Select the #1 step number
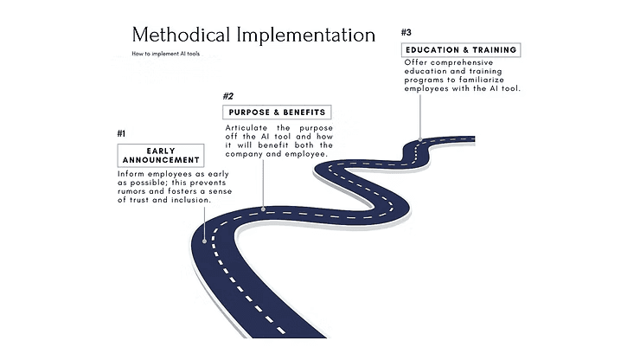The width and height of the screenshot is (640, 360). [x=121, y=133]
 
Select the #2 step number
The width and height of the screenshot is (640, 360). [x=228, y=96]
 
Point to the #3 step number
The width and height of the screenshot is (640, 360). [x=406, y=33]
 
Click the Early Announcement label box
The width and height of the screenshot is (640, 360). [x=161, y=156]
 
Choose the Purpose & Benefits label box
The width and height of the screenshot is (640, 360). [x=277, y=112]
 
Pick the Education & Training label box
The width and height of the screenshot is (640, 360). [x=461, y=49]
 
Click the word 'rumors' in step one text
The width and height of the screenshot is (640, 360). [x=131, y=192]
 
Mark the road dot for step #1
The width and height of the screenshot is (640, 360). [x=205, y=241]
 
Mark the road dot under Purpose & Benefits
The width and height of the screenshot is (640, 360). [x=263, y=209]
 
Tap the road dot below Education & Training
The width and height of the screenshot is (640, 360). [x=420, y=138]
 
